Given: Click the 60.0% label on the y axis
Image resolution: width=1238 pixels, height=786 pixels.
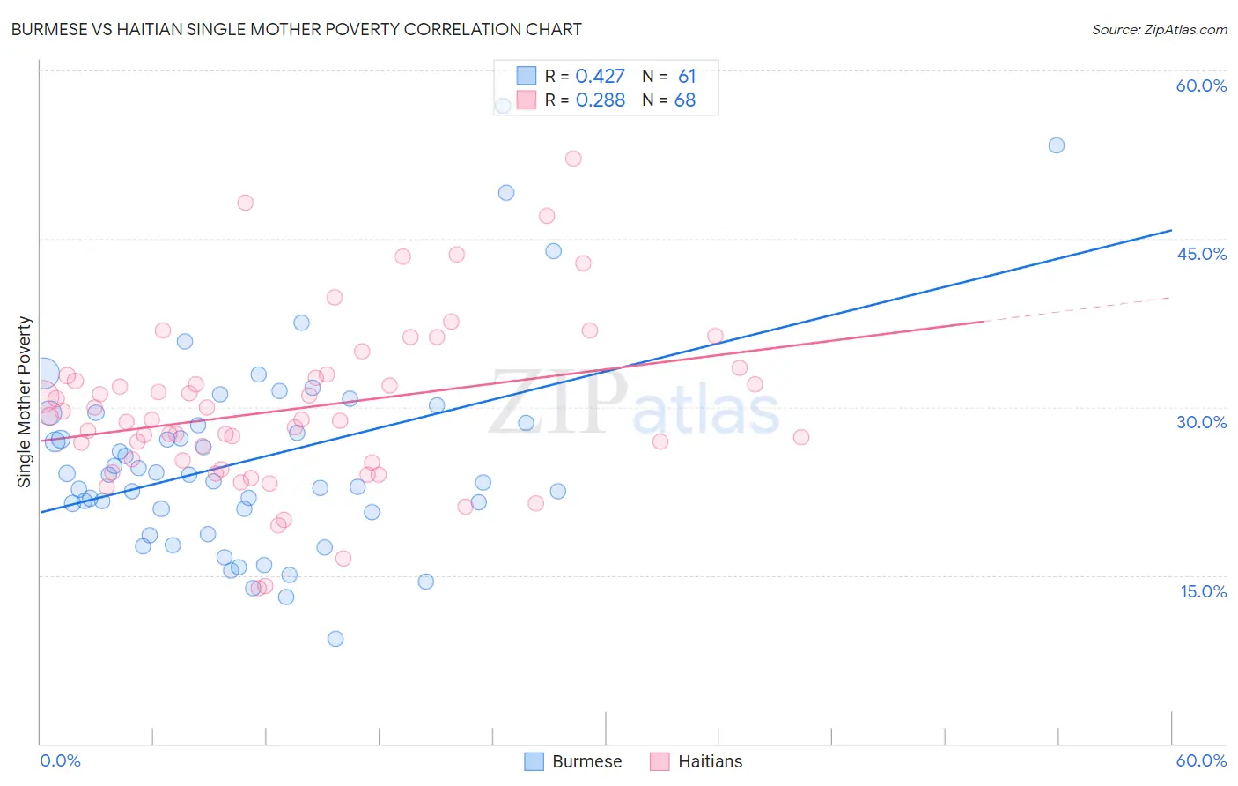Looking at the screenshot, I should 1201,85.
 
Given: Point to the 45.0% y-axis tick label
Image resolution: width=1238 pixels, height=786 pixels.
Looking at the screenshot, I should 1201,254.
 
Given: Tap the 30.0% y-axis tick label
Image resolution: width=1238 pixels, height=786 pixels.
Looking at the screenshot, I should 1201,422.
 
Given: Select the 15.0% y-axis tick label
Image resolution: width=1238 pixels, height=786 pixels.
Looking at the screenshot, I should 1203,591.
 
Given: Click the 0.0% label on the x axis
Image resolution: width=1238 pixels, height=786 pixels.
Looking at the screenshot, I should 60,760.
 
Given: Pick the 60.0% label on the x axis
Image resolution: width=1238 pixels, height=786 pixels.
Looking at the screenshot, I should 1201,760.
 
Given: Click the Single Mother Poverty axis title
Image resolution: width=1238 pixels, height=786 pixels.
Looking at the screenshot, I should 25,402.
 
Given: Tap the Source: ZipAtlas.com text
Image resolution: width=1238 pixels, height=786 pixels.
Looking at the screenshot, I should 1159,29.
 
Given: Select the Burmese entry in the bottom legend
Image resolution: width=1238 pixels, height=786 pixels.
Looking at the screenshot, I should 572,761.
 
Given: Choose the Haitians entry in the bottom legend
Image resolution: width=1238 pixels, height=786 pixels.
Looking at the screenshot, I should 696,761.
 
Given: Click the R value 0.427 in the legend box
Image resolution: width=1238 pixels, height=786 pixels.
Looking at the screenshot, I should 600,77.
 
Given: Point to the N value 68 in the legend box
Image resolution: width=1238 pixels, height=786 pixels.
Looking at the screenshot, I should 684,100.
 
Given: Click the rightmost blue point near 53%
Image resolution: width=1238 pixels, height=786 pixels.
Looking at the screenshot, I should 1057,145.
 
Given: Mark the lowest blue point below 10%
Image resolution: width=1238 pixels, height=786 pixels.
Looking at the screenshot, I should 335,639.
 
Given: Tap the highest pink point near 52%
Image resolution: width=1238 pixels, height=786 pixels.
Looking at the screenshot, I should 573,159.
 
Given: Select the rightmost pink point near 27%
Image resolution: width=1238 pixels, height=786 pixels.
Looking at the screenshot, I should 801,437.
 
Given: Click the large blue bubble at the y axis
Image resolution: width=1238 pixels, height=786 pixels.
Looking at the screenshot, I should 44,373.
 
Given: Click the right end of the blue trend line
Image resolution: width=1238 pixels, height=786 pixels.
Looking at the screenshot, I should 1171,230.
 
